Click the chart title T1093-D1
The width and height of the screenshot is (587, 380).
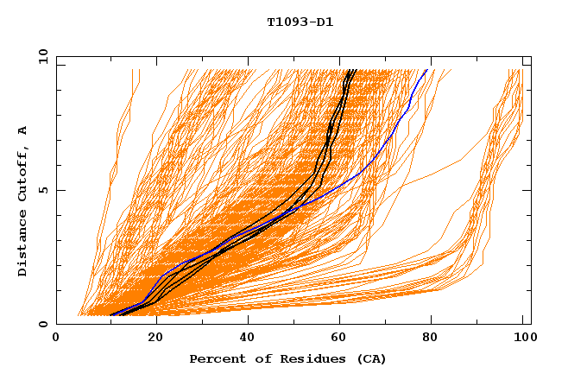[x=300, y=22]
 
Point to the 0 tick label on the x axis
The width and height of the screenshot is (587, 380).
[x=56, y=339]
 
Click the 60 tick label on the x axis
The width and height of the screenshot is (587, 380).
[x=343, y=339]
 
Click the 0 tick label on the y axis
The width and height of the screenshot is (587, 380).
[x=43, y=325]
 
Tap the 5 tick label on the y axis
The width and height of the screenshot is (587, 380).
[x=43, y=190]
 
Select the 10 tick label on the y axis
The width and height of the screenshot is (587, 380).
[x=41, y=56]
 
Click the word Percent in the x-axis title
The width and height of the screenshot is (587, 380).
[x=213, y=359]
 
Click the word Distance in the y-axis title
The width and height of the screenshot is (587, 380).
[x=23, y=247]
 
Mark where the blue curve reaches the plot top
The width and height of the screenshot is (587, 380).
[x=426, y=70]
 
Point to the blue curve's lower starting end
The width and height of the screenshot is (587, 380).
[x=111, y=315]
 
